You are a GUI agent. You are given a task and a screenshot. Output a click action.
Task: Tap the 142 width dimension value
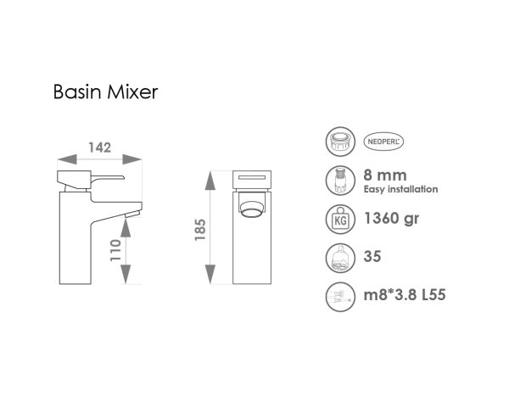click(x=100, y=148)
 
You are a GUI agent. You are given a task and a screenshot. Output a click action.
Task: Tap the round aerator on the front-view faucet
click(x=252, y=207)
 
